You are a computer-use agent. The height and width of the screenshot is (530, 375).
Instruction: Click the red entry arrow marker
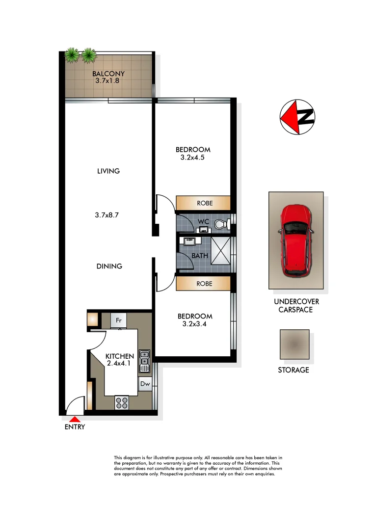click(x=75, y=419)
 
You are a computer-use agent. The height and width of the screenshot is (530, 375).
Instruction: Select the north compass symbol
click(x=297, y=118)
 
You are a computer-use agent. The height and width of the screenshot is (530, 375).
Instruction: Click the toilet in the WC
click(x=220, y=225)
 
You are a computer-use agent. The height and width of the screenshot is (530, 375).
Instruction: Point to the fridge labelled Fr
click(x=118, y=320)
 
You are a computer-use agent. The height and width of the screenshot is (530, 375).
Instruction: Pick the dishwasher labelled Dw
click(x=145, y=384)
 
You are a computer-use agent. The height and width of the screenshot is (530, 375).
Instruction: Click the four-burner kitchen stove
click(x=121, y=402)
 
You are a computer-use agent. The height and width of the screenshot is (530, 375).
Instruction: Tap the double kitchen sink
click(x=144, y=361)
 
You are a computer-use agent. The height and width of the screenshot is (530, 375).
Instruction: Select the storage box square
click(x=295, y=344)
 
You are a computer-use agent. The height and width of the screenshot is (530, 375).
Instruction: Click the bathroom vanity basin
click(x=189, y=241)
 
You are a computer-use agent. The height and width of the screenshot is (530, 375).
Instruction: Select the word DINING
click(x=109, y=266)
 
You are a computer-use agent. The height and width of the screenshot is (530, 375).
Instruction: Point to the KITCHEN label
click(x=120, y=356)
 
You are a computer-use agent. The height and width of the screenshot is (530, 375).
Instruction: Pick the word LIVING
click(x=108, y=171)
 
